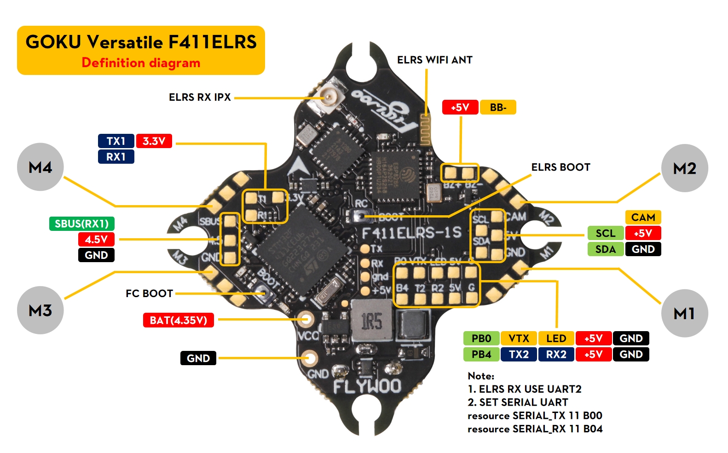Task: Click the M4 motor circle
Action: (x=40, y=167)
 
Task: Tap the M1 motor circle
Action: (x=684, y=313)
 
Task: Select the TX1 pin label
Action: (x=116, y=141)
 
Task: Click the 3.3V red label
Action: (x=154, y=141)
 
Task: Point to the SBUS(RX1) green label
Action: (x=82, y=224)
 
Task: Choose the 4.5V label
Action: (x=96, y=239)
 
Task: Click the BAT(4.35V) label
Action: (x=179, y=320)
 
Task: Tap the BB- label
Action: (x=498, y=107)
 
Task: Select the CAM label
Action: (x=643, y=217)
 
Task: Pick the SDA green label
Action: (x=605, y=249)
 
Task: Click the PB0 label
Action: (x=481, y=338)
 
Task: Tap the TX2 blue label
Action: (x=519, y=354)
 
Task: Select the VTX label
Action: (x=519, y=338)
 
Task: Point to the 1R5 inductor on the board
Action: (x=371, y=321)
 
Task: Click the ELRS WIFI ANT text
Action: (x=434, y=60)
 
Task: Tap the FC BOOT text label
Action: (x=149, y=293)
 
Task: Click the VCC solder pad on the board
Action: (x=305, y=318)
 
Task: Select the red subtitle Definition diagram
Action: (x=141, y=63)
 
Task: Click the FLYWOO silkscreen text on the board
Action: (x=367, y=386)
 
